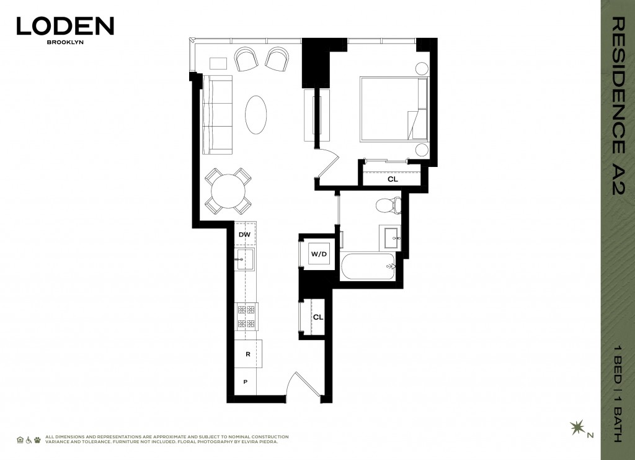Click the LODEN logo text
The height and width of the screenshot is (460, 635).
click(x=65, y=25)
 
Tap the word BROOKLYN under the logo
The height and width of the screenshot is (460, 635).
click(x=65, y=44)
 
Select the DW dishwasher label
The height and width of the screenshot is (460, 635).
click(x=244, y=235)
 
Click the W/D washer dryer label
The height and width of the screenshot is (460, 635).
click(x=319, y=253)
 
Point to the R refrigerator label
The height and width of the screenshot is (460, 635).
click(x=247, y=354)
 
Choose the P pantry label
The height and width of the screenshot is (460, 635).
click(x=246, y=382)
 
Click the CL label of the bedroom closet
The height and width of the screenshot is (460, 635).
click(x=392, y=179)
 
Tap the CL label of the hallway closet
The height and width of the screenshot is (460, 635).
click(x=317, y=317)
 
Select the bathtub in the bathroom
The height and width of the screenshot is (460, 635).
click(x=370, y=268)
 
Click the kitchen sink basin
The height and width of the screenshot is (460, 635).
click(x=246, y=259)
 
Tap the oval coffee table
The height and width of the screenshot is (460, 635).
click(x=257, y=114)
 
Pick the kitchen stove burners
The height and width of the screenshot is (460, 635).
click(x=246, y=316)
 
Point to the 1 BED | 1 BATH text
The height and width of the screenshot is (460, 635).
click(x=618, y=392)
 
